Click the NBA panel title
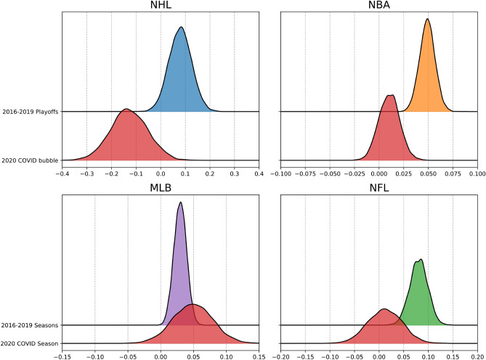[x=378, y=7]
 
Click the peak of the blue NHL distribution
[x=181, y=28]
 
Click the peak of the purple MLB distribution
[x=180, y=202]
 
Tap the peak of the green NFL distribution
[x=420, y=260]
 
